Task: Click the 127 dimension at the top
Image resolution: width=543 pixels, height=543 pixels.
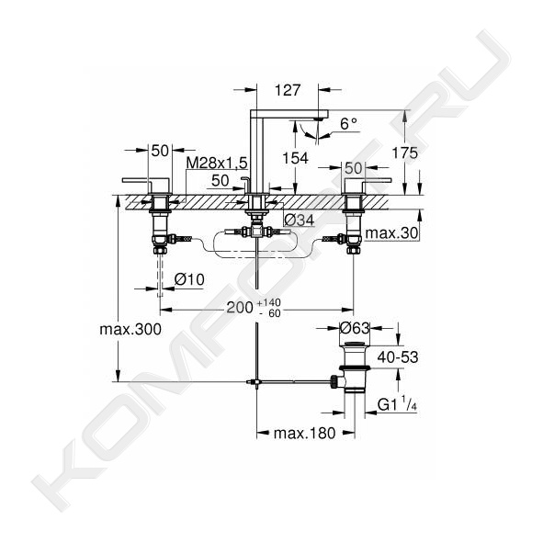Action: (x=287, y=90)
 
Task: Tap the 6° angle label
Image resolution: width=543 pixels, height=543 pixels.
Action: (x=348, y=124)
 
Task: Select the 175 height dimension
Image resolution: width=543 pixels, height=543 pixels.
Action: (x=404, y=153)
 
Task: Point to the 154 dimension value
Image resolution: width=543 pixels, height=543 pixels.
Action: (x=295, y=158)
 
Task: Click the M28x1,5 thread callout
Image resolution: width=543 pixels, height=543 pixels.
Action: (x=217, y=162)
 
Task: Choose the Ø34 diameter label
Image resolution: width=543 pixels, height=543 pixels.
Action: (x=299, y=220)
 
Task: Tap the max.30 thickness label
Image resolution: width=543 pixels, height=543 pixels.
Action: (x=391, y=233)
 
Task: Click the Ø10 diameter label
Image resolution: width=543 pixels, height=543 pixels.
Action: (x=189, y=279)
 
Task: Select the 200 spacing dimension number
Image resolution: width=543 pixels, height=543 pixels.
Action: (x=240, y=308)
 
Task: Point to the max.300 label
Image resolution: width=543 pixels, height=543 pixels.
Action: (x=130, y=329)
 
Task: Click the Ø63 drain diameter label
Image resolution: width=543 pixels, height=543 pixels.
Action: (x=355, y=328)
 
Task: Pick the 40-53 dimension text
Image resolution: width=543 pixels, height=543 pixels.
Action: (x=398, y=357)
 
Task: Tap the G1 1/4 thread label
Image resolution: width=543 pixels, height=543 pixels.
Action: (x=397, y=403)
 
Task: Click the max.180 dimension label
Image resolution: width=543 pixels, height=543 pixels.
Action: (x=304, y=433)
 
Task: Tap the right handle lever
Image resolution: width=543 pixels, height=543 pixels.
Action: (x=376, y=180)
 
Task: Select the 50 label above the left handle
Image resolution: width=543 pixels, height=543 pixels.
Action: (x=160, y=151)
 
